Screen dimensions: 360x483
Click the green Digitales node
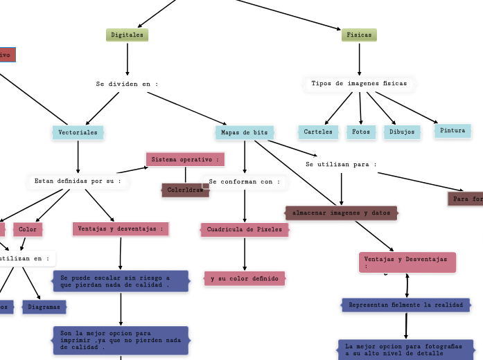click(128, 35)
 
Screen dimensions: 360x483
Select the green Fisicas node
click(359, 35)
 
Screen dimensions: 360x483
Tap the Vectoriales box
click(78, 132)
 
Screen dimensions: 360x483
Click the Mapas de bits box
click(245, 132)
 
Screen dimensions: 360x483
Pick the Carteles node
click(319, 132)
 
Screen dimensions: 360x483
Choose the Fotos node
click(361, 132)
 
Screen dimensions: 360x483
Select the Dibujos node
click(402, 132)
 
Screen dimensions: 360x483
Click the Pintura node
click(453, 131)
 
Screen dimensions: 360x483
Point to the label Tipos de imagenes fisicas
click(359, 84)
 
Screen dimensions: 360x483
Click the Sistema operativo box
click(186, 160)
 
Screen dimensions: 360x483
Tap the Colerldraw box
click(186, 190)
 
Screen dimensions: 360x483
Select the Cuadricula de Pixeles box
click(245, 230)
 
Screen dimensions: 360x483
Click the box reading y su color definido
click(245, 279)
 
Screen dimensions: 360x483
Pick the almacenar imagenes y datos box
click(341, 213)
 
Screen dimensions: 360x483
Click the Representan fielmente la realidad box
click(406, 305)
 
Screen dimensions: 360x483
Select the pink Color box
click(28, 230)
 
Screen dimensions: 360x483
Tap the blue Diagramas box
click(44, 307)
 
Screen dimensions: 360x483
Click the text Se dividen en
click(128, 84)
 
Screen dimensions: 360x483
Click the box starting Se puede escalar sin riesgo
click(121, 281)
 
